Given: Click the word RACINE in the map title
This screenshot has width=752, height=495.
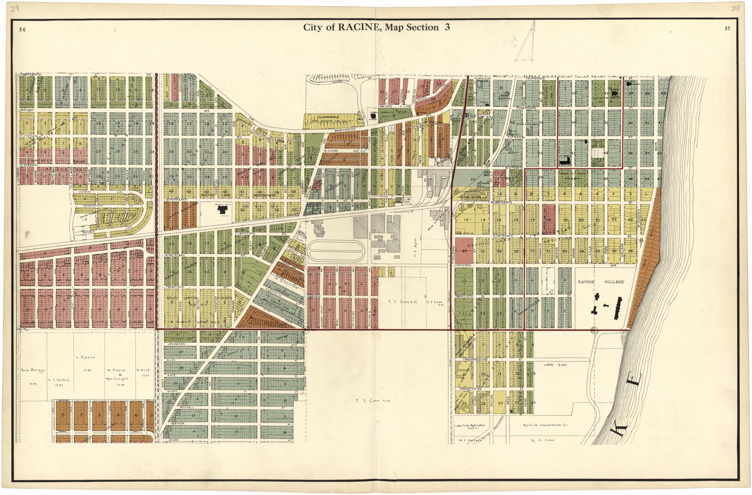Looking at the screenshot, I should point(359,28).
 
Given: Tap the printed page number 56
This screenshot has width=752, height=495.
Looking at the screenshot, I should point(22,30).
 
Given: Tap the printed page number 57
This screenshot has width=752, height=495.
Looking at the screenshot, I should point(727,28).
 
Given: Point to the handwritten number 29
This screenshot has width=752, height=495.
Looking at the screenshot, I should point(15,8).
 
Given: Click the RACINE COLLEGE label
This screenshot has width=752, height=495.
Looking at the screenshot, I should point(600,281).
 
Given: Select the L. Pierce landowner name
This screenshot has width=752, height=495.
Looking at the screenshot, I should point(85,357).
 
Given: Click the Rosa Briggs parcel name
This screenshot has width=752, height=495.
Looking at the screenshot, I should point(33,370).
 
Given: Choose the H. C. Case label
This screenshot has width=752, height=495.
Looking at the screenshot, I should point(543,440).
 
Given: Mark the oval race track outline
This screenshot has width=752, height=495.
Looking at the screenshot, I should point(336,250).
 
